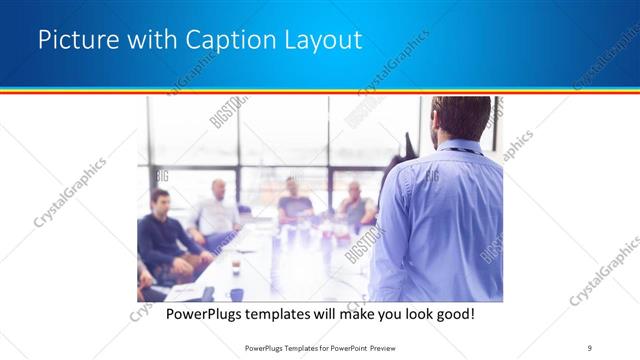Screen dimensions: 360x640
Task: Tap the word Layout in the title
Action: tap(319, 40)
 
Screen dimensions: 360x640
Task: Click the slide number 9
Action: tap(591, 347)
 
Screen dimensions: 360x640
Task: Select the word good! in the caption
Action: tap(455, 314)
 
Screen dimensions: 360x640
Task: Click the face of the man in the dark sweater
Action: tap(159, 203)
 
